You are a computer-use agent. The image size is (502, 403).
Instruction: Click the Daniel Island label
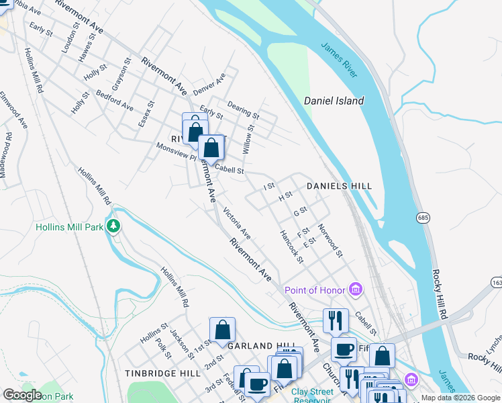pyautogui.click(x=334, y=101)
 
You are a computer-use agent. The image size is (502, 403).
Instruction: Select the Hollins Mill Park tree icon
pyautogui.click(x=114, y=226)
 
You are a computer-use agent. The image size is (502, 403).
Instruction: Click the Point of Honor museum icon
pyautogui.click(x=356, y=289)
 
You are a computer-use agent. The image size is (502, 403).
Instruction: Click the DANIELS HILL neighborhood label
pyautogui.click(x=339, y=185)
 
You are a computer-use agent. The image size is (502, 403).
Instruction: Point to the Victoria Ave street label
pyautogui.click(x=237, y=223)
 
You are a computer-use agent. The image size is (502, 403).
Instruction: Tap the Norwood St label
pyautogui.click(x=330, y=240)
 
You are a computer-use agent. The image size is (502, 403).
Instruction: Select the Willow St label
pyautogui.click(x=249, y=139)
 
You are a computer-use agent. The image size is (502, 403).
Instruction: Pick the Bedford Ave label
pyautogui.click(x=115, y=101)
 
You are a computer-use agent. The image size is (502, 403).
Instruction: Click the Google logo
pyautogui.click(x=22, y=395)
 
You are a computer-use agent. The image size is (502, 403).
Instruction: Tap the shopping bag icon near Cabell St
pyautogui.click(x=211, y=148)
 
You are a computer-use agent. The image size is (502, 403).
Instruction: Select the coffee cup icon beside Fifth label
pyautogui.click(x=344, y=350)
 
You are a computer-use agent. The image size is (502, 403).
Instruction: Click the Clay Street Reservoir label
pyautogui.click(x=313, y=396)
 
